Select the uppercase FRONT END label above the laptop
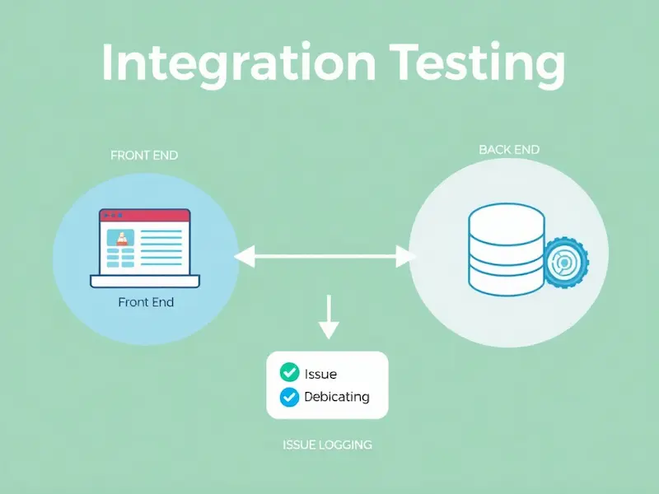click(144, 156)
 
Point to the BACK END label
click(510, 150)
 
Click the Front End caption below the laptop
click(146, 302)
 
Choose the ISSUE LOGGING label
click(327, 445)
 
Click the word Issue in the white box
click(320, 374)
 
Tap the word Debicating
click(336, 397)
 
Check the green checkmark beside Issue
click(289, 373)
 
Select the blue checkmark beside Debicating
click(289, 397)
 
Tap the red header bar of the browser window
click(145, 216)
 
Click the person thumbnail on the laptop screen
click(123, 239)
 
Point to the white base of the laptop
click(145, 282)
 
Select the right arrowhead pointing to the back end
click(404, 258)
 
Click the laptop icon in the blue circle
click(145, 247)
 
